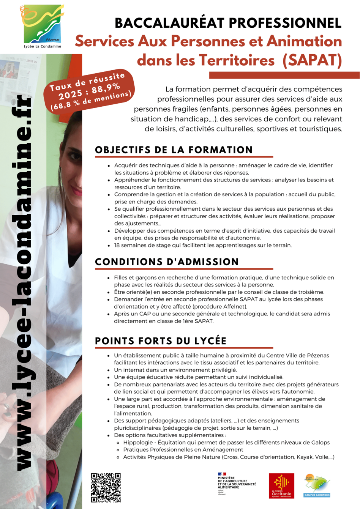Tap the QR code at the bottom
(x=106, y=487)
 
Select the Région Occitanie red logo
(x=281, y=486)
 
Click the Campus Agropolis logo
(x=317, y=485)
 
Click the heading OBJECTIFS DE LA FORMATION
(x=174, y=150)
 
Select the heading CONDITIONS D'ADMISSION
(x=167, y=262)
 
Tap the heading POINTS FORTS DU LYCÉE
(x=161, y=341)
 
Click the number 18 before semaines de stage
(x=117, y=246)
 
